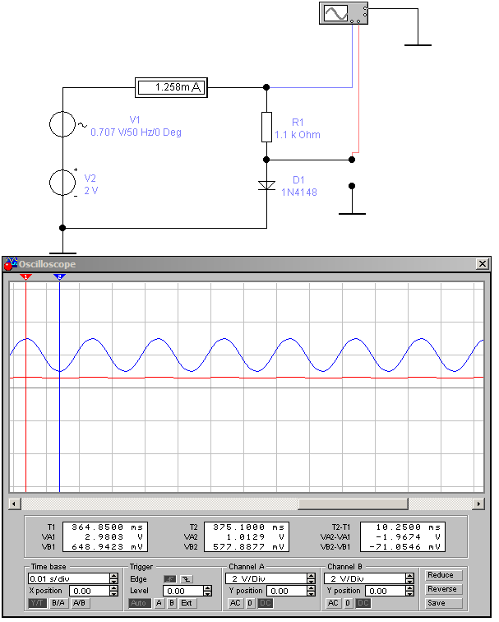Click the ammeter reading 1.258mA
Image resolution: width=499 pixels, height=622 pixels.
(x=171, y=87)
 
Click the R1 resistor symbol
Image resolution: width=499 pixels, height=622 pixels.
(x=266, y=127)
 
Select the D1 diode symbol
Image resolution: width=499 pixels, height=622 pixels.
(x=266, y=185)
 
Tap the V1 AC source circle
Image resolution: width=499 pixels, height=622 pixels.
(x=62, y=123)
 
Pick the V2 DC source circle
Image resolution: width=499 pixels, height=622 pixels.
(x=62, y=182)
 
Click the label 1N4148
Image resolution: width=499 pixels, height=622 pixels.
(x=299, y=193)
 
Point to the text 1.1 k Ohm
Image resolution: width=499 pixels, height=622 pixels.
(x=297, y=135)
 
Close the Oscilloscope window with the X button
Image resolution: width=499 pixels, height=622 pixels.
(x=482, y=264)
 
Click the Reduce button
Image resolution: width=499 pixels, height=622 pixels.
(x=440, y=575)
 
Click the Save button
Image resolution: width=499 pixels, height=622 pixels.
(x=437, y=603)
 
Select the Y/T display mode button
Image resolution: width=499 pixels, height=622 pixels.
(x=38, y=603)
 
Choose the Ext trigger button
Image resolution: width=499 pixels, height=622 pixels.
(x=187, y=603)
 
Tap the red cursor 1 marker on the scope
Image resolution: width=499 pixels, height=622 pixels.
(x=26, y=277)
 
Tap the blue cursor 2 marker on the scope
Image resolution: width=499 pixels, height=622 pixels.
(x=59, y=277)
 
